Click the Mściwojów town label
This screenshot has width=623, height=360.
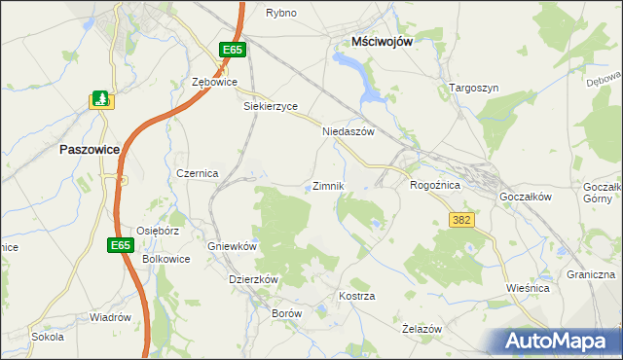[384, 42]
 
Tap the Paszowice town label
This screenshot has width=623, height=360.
[90, 150]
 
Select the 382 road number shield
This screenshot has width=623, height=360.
[461, 220]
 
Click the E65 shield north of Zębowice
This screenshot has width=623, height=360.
[231, 50]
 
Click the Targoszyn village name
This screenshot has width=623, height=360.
[474, 88]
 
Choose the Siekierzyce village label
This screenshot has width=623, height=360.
[270, 106]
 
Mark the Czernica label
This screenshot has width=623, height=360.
[197, 172]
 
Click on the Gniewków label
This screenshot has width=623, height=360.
[232, 246]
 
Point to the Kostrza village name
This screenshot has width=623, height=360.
[356, 295]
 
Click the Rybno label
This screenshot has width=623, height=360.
[281, 13]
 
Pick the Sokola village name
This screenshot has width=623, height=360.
[48, 337]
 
